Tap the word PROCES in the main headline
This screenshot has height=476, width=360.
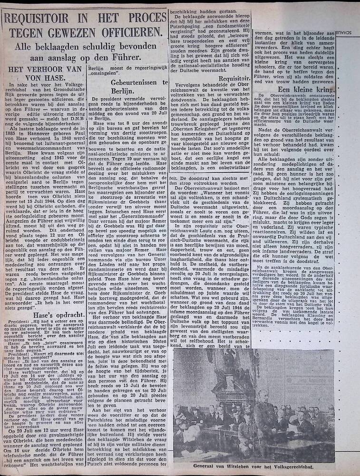click(x=143, y=20)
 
